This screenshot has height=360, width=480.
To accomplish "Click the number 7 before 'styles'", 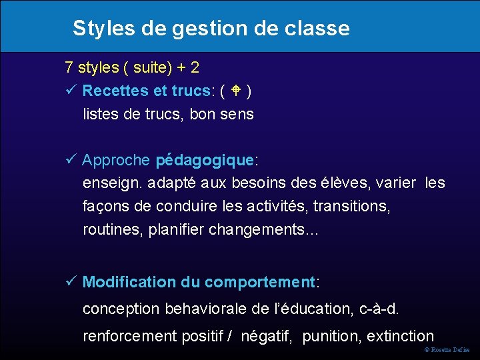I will tap(69, 67).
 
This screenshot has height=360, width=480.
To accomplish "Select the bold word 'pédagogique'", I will tap(204, 161).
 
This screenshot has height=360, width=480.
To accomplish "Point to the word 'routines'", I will tap(111, 229).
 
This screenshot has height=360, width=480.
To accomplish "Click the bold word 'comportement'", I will tap(259, 283).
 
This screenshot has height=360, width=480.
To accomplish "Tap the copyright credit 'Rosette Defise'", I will tap(451, 350).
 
